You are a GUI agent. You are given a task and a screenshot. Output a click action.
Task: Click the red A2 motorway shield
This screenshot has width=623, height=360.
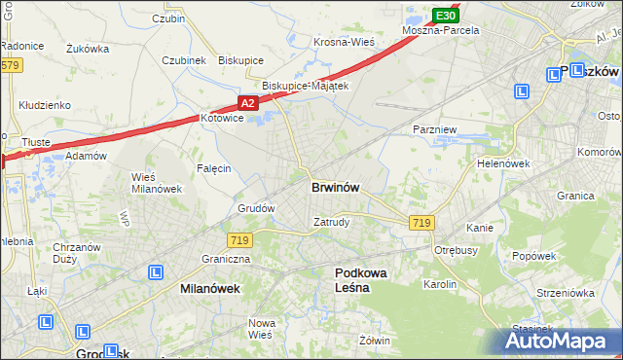point(247,102)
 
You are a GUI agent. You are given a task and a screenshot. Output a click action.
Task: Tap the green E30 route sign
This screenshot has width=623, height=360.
point(445,16)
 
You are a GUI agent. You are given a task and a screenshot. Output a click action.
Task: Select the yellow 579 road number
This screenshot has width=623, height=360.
point(10,65)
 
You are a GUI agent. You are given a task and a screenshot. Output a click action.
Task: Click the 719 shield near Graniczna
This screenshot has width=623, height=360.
point(240,239)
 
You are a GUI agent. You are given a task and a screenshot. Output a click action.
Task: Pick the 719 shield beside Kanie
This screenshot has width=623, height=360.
point(421,223)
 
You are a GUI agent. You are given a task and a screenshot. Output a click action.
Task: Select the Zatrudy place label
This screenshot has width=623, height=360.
point(331,221)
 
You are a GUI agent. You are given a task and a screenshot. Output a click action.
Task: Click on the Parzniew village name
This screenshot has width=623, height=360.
point(434,129)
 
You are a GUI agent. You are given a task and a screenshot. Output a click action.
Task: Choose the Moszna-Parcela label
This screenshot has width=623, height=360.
point(442,31)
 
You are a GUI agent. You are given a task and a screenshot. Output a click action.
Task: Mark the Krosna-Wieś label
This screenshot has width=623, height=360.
point(344,42)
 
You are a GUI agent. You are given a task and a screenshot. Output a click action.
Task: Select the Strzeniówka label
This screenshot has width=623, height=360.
point(566,292)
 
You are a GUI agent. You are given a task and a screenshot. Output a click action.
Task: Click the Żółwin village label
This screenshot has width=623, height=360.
point(374,341)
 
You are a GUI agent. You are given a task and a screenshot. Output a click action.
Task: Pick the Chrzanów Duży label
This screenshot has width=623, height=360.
point(77,253)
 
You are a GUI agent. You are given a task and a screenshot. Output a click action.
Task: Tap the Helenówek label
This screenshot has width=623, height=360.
point(502,163)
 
